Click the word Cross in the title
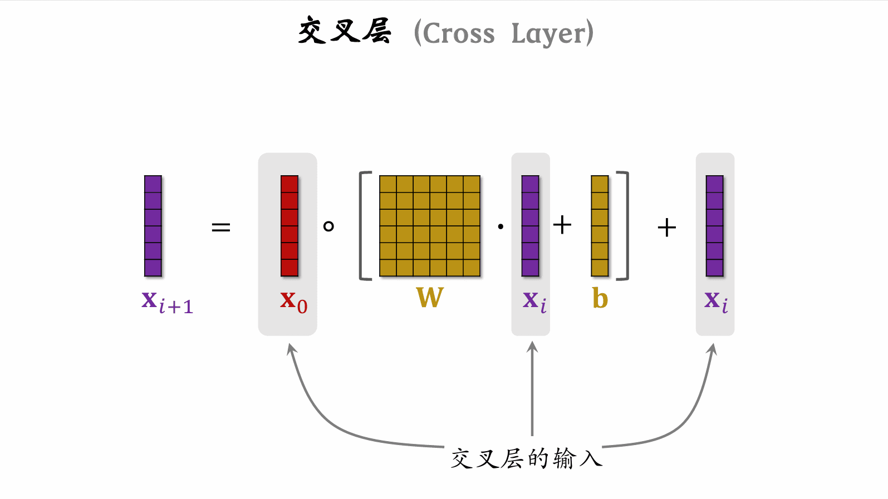pos(459,34)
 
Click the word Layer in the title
pos(549,34)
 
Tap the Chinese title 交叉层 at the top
pos(345,31)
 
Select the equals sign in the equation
pos(221,227)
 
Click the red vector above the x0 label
pos(290,226)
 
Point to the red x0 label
pos(293,302)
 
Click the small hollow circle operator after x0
pos(328,226)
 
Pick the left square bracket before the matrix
pos(365,226)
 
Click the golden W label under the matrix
pos(430,298)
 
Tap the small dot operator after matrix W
pos(501,226)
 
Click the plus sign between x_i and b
pos(562,225)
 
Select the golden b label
pos(600,299)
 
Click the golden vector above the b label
pos(600,226)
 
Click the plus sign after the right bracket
pos(666,228)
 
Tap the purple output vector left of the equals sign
pos(153,226)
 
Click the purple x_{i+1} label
pos(167,303)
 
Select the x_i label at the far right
pos(716,302)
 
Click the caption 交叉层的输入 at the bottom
pos(526,459)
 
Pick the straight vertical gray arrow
pos(532,389)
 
